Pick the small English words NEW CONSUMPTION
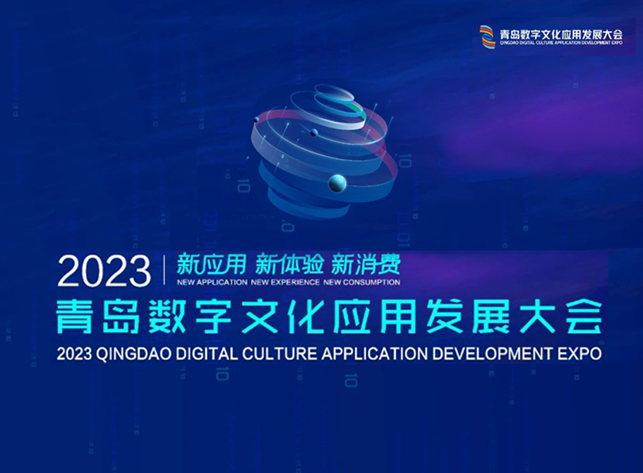tap(361, 282)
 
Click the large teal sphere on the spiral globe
tap(337, 184)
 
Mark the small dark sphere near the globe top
tap(313, 133)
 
